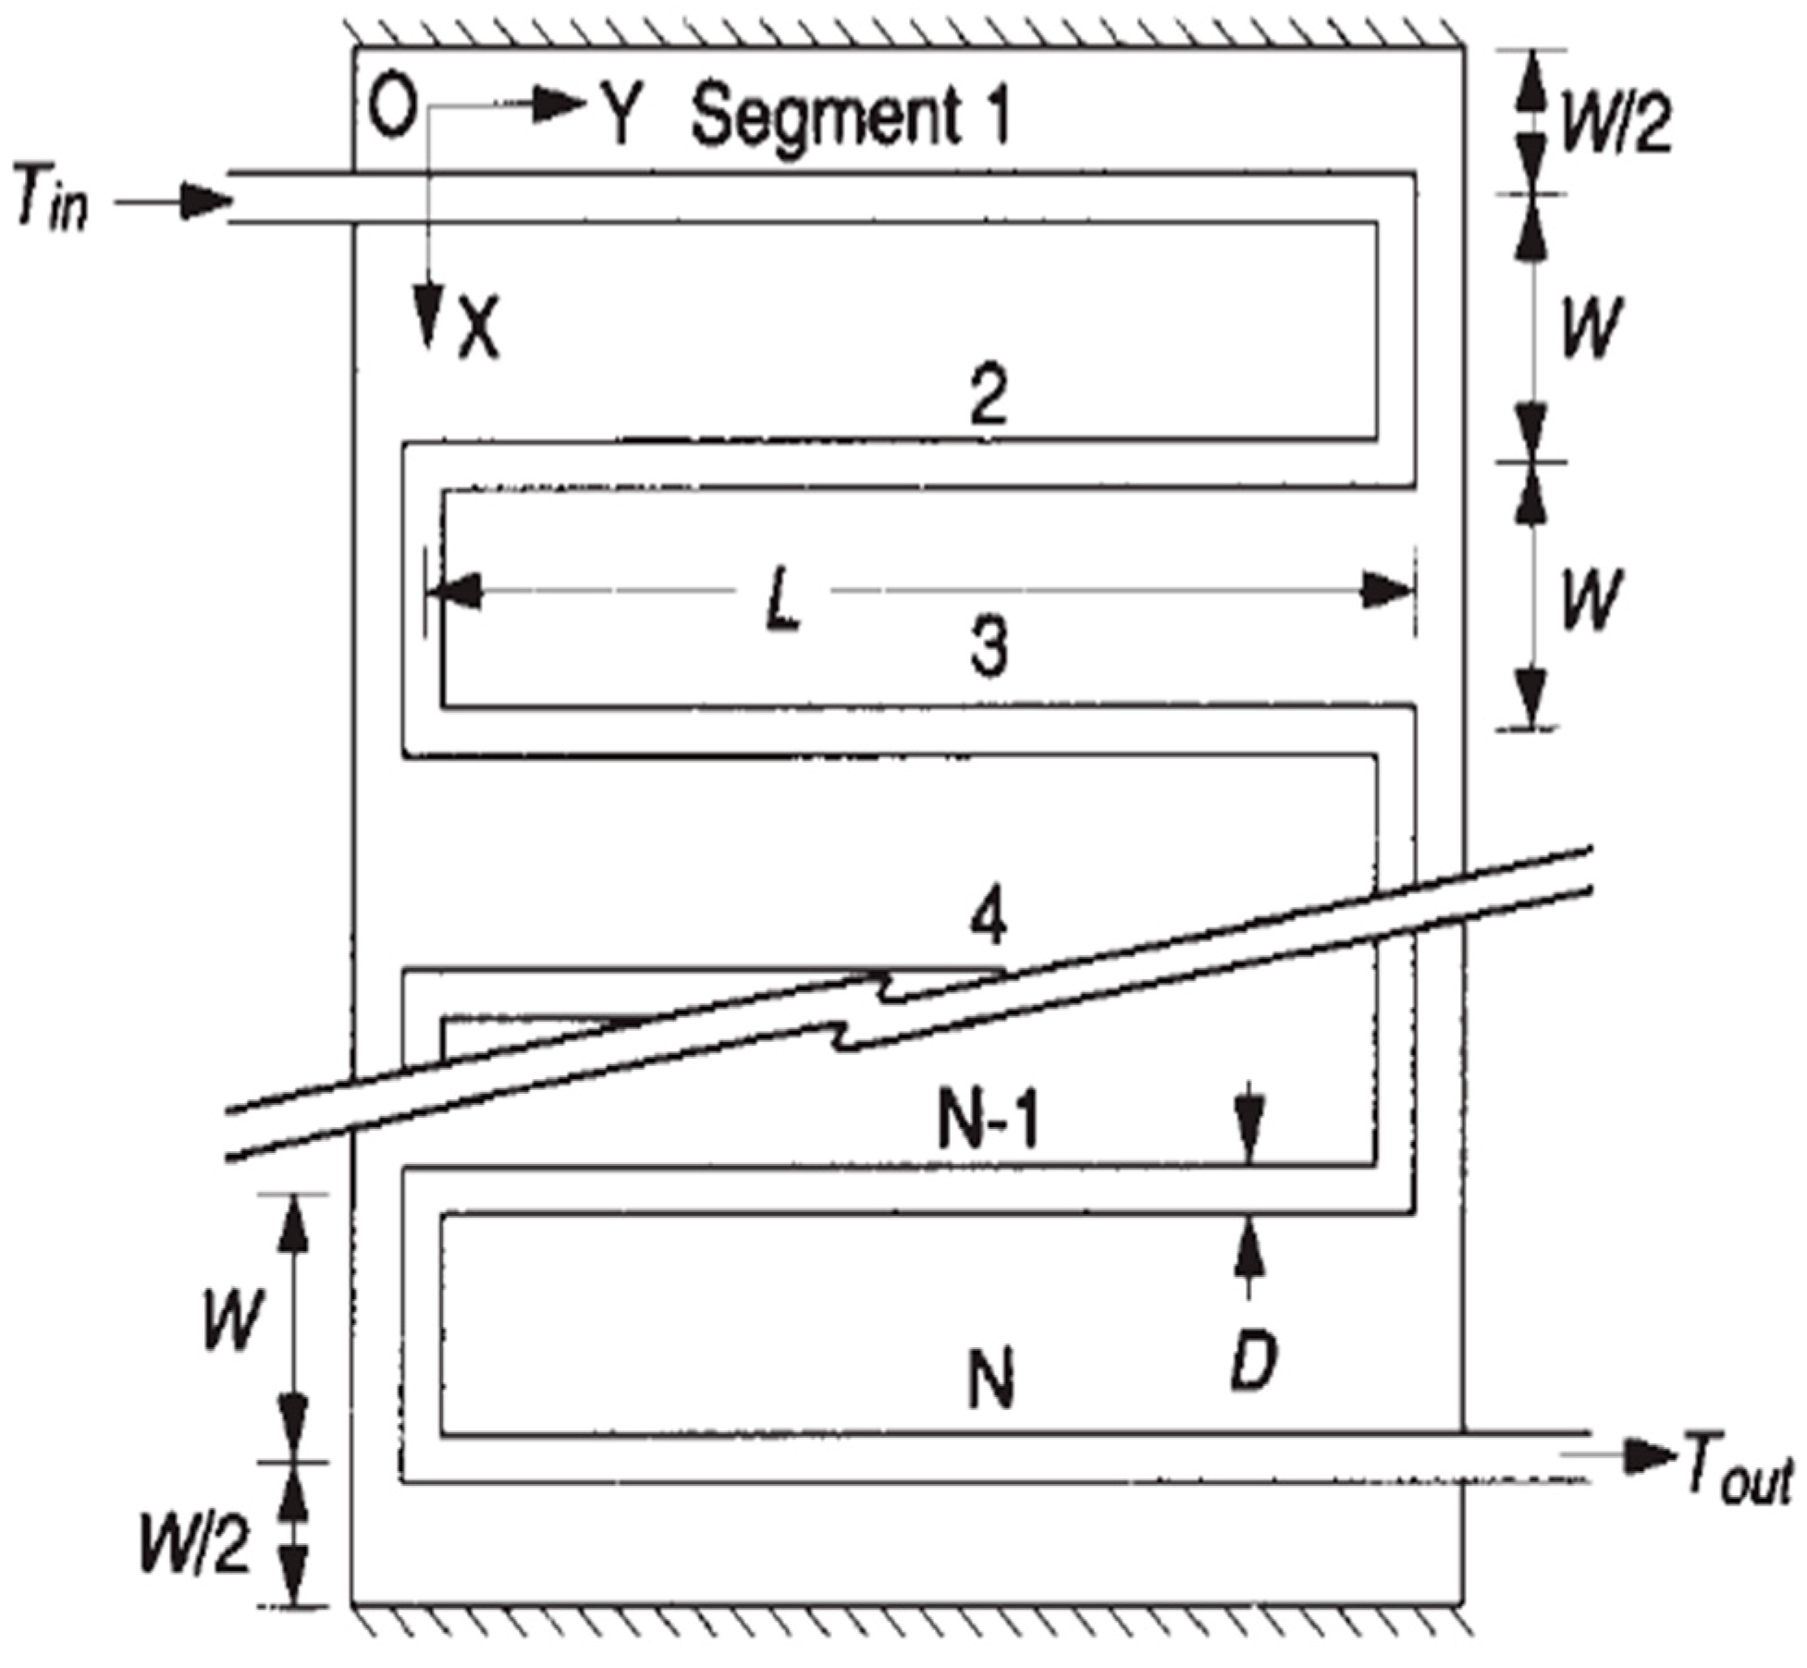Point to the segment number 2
pos(989,396)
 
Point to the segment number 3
pos(989,644)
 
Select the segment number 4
pos(989,920)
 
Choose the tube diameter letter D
pos(1253,1360)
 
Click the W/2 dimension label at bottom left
pos(195,1543)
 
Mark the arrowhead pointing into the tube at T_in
pos(205,201)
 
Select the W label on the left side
pos(232,1318)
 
